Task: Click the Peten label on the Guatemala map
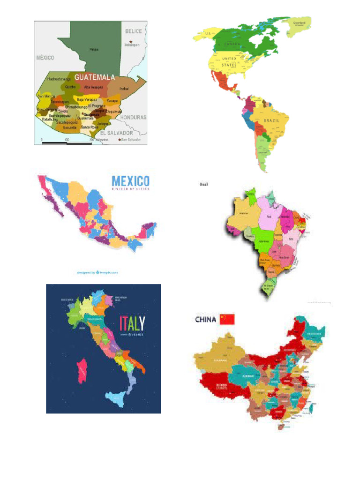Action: click(94, 49)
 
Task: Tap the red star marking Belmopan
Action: click(131, 41)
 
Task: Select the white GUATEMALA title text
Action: click(95, 77)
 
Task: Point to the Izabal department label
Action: click(124, 88)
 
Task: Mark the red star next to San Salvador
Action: click(120, 139)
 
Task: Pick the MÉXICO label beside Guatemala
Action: click(45, 58)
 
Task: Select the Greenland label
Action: click(299, 22)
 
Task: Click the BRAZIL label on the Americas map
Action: click(271, 120)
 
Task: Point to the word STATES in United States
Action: click(229, 65)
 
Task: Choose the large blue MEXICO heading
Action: click(131, 181)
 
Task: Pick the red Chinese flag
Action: click(227, 319)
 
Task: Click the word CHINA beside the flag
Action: click(205, 320)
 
